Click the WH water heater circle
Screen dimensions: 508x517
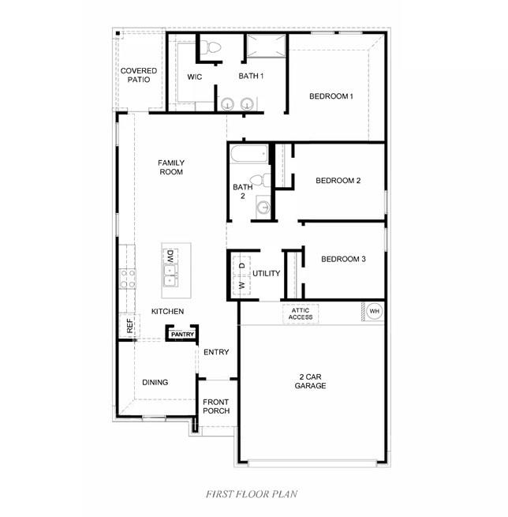click(x=375, y=311)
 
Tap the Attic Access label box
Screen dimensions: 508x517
click(x=301, y=313)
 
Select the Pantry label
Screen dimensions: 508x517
click(x=182, y=335)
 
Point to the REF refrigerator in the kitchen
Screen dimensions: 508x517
click(x=129, y=326)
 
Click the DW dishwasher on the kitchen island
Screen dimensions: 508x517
click(x=170, y=257)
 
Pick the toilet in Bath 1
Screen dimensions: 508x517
click(x=211, y=47)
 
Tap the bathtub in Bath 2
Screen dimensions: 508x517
click(x=249, y=154)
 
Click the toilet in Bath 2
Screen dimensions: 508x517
click(x=260, y=180)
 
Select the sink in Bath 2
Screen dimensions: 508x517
click(x=263, y=207)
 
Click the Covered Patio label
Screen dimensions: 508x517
click(x=139, y=75)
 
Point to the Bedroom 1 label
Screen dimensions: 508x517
click(x=331, y=96)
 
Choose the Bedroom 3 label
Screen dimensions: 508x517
click(x=343, y=259)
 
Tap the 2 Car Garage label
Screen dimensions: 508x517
click(x=310, y=381)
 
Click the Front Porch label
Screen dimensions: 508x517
click(x=216, y=406)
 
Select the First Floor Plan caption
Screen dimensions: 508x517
click(x=252, y=494)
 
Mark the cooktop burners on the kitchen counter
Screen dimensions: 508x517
click(x=128, y=279)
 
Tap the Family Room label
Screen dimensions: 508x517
click(x=171, y=167)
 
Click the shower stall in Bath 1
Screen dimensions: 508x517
click(x=266, y=46)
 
